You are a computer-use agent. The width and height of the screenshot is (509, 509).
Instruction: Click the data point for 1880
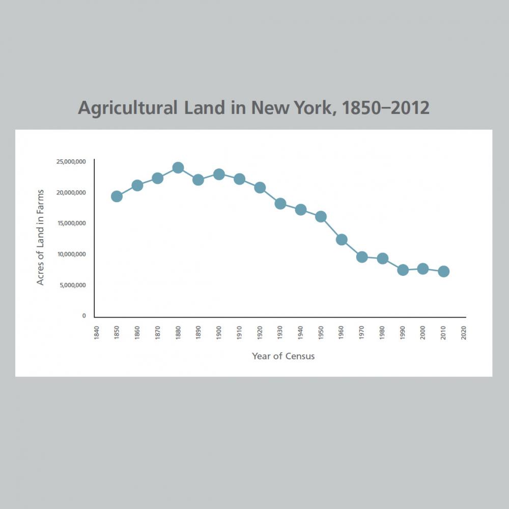(x=178, y=167)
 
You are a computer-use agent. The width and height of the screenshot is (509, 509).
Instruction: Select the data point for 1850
(x=117, y=196)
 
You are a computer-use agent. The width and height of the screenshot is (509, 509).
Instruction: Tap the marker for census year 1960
(x=342, y=240)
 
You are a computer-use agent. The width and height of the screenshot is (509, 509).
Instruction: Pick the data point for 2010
(x=443, y=271)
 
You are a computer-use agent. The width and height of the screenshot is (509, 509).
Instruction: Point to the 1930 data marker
(x=280, y=204)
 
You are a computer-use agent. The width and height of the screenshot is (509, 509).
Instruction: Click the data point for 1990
(x=403, y=270)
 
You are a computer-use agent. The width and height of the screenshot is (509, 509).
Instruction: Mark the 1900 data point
(x=219, y=175)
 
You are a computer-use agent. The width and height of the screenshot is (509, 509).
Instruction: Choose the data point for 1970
(x=362, y=257)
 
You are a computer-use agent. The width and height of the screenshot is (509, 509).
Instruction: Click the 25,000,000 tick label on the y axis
(x=71, y=162)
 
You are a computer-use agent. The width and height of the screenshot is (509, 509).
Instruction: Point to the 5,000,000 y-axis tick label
(x=72, y=285)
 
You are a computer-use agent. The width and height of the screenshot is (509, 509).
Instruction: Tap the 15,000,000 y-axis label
(x=71, y=223)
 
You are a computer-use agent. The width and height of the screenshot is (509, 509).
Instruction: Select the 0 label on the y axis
(x=83, y=316)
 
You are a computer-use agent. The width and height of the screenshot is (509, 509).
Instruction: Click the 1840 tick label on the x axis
(x=96, y=334)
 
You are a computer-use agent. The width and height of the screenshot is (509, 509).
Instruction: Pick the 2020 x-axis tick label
(x=464, y=334)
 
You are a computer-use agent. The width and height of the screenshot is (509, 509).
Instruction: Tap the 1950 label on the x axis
(x=321, y=334)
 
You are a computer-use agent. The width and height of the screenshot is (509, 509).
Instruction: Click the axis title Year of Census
(x=284, y=356)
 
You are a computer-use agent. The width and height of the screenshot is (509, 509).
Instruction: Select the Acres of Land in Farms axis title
(x=41, y=237)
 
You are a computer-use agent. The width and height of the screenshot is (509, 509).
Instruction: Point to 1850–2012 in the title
(x=386, y=108)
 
